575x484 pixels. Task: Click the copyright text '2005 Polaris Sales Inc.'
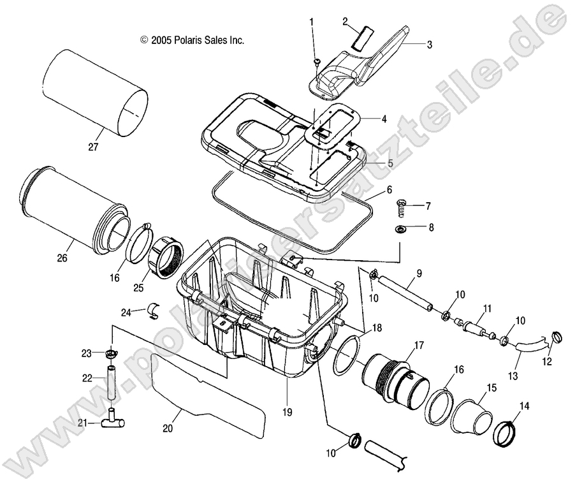[x=192, y=40]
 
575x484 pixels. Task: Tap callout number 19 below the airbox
[x=287, y=412]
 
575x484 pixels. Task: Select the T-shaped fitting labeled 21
[x=113, y=422]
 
